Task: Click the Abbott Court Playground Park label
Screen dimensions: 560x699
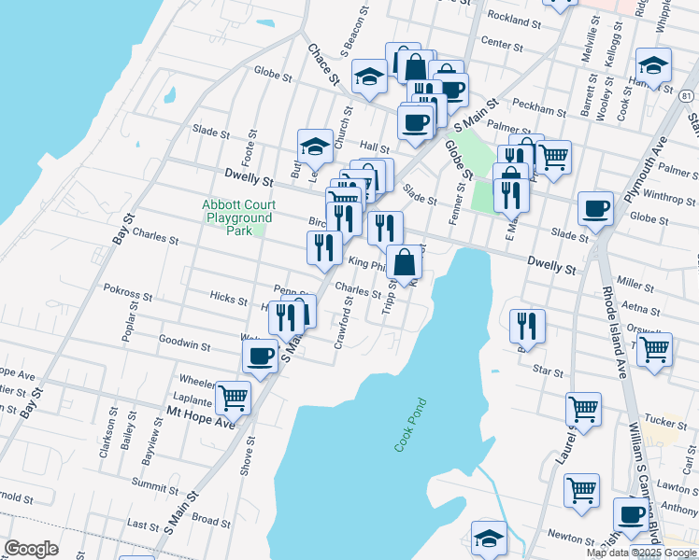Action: [x=238, y=217]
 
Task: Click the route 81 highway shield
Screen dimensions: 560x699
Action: [x=687, y=96]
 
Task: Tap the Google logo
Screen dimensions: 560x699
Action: [x=31, y=549]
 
